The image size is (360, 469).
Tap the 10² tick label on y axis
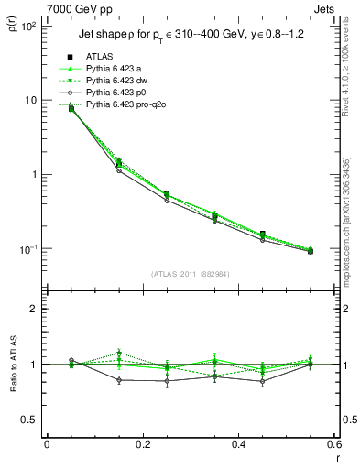(x=27, y=27)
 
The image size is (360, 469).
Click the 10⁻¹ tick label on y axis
(x=27, y=249)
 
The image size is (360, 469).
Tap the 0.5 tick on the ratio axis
(x=28, y=420)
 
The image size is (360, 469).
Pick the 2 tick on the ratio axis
(x=33, y=309)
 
